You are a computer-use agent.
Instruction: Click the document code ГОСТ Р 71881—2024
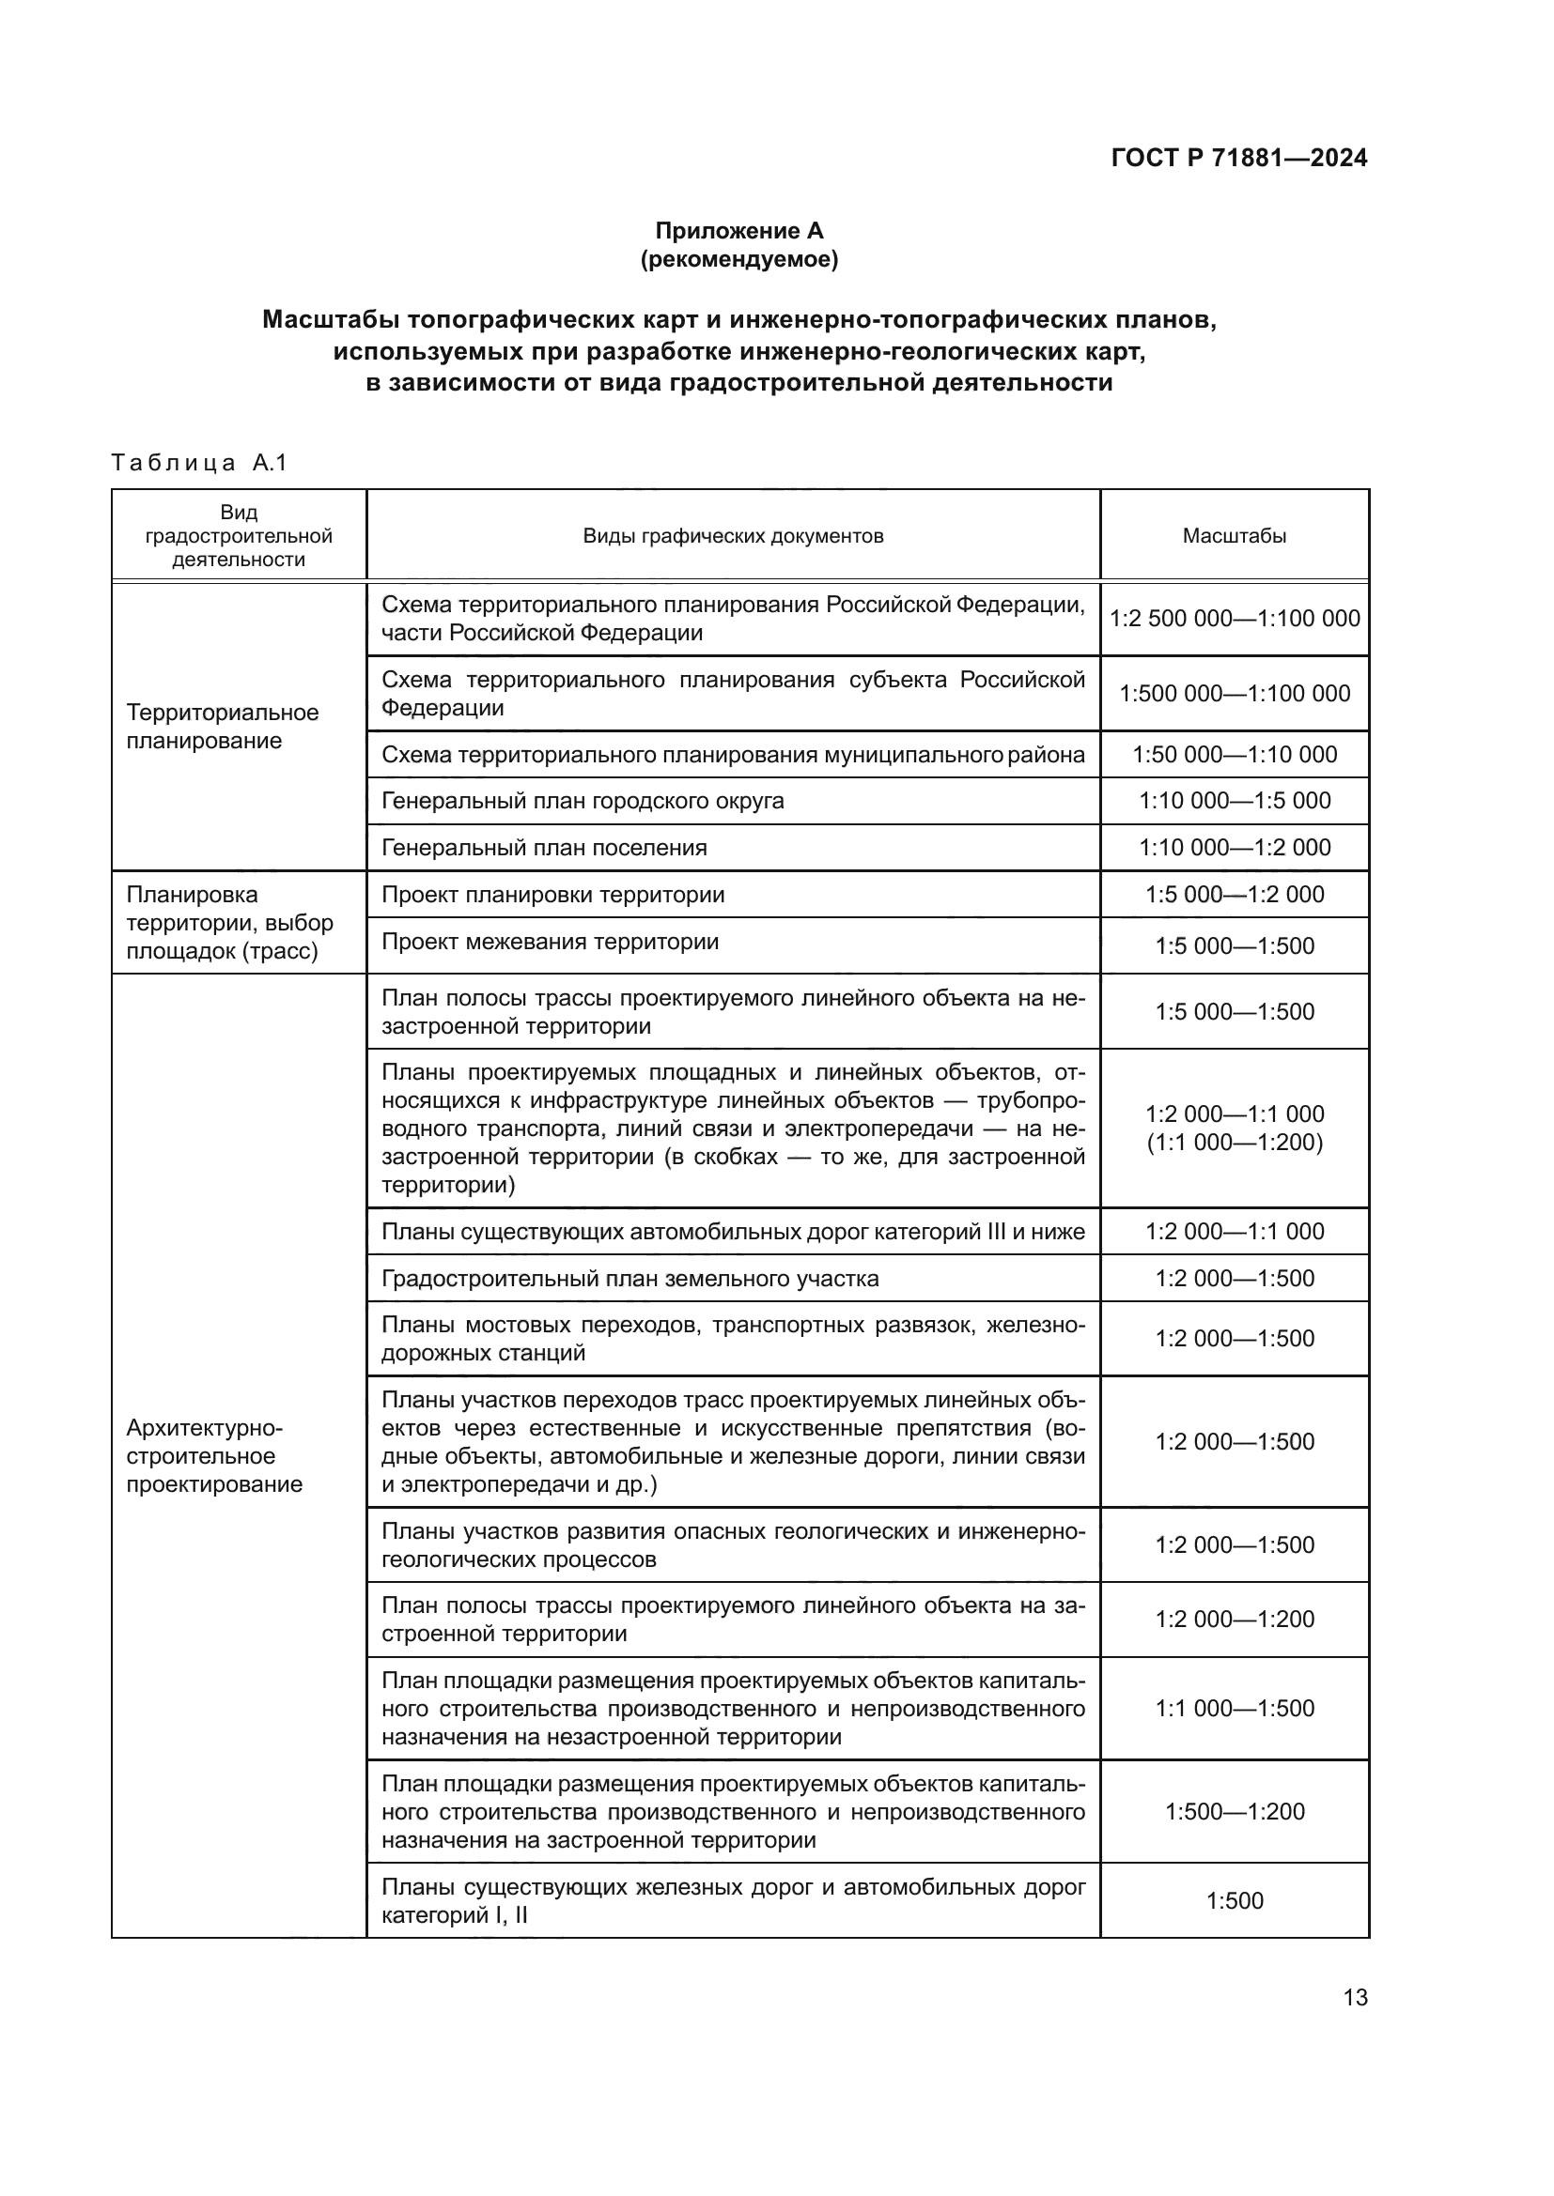pos(1238,158)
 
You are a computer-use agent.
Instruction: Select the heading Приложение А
pos(738,231)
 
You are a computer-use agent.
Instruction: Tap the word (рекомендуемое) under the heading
pos(738,259)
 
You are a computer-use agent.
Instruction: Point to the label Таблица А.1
pos(199,464)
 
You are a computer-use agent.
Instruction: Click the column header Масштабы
pos(1234,535)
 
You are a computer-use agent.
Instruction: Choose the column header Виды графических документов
pos(733,535)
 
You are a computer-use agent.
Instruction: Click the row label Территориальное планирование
pos(222,726)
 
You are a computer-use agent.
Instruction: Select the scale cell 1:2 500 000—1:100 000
pos(1235,618)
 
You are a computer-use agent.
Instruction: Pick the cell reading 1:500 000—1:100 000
pos(1235,694)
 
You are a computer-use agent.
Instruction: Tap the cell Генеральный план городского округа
pos(583,801)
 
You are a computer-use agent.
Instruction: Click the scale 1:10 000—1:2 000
pos(1235,848)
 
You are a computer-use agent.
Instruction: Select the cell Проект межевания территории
pos(551,941)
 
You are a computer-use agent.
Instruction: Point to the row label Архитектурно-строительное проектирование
pos(214,1456)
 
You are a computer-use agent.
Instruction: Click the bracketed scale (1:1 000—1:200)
pos(1235,1142)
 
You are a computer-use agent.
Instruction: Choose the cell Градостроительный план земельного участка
pos(629,1279)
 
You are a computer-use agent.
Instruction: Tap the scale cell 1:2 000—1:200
pos(1235,1620)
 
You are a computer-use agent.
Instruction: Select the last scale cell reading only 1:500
pos(1235,1901)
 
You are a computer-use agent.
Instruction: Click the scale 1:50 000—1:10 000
pos(1235,755)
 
